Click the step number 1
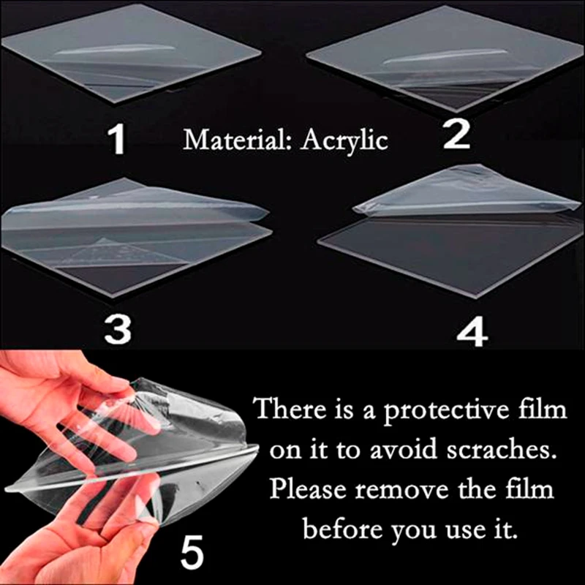pos(117,140)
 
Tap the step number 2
pos(457,136)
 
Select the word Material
pos(233,139)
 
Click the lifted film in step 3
pos(132,208)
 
